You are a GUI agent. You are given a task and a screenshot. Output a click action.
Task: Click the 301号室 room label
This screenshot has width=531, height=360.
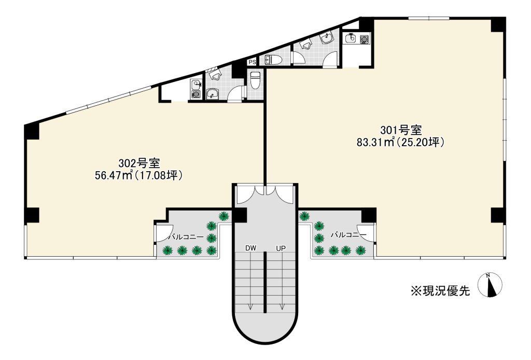[401, 130]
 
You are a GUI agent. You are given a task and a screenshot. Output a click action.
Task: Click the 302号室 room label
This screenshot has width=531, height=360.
[139, 163]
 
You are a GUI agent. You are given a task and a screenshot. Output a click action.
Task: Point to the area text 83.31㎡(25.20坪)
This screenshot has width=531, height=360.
[401, 142]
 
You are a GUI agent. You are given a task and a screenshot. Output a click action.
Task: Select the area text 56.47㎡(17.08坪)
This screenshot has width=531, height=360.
[139, 175]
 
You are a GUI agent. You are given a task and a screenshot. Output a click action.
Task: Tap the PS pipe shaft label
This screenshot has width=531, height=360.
[253, 62]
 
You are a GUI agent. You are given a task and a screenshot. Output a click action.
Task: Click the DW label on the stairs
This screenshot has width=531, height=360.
[251, 248]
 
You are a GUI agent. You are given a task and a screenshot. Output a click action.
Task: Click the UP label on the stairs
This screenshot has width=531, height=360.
[281, 248]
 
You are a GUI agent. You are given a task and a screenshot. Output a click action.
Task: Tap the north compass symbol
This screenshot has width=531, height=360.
[490, 285]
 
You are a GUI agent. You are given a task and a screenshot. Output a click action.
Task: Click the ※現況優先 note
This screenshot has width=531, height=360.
[440, 290]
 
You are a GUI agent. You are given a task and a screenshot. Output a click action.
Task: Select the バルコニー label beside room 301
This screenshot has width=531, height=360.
[348, 234]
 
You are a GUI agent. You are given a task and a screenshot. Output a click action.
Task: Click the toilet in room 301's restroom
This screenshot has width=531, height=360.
[273, 60]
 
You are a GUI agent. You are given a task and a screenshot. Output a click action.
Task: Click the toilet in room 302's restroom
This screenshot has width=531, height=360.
[254, 80]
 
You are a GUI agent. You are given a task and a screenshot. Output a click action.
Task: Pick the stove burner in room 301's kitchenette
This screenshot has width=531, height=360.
[365, 39]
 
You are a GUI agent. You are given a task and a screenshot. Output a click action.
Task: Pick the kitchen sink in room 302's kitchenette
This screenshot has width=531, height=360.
[195, 85]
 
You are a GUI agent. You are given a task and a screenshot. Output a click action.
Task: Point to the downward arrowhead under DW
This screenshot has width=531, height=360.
[250, 307]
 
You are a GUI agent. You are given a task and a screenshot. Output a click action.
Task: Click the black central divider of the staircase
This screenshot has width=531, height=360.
[265, 282]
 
